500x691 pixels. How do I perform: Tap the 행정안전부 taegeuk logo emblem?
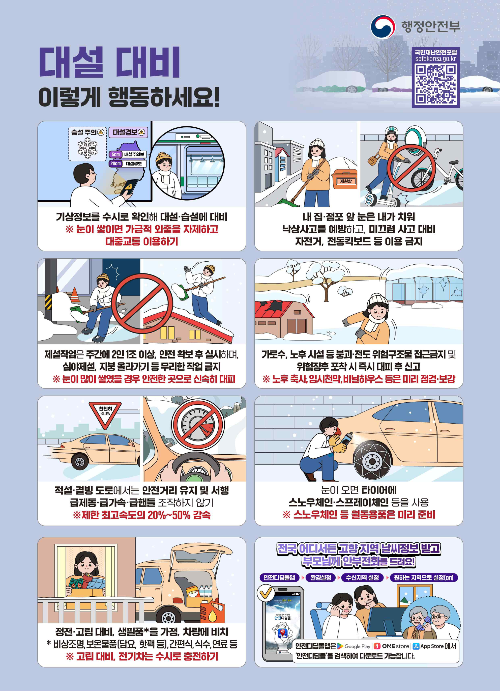[x=383, y=27]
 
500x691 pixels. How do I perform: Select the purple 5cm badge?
[x=116, y=154]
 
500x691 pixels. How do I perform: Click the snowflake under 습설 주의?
[x=87, y=148]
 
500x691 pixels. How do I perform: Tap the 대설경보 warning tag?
[x=128, y=132]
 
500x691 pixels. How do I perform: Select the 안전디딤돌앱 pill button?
[x=279, y=577]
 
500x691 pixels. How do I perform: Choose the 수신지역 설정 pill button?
[x=362, y=577]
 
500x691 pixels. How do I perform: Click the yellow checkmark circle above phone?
[x=266, y=593]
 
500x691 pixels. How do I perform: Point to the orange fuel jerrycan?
[x=212, y=611]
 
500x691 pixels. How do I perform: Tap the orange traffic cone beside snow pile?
[x=75, y=295]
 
